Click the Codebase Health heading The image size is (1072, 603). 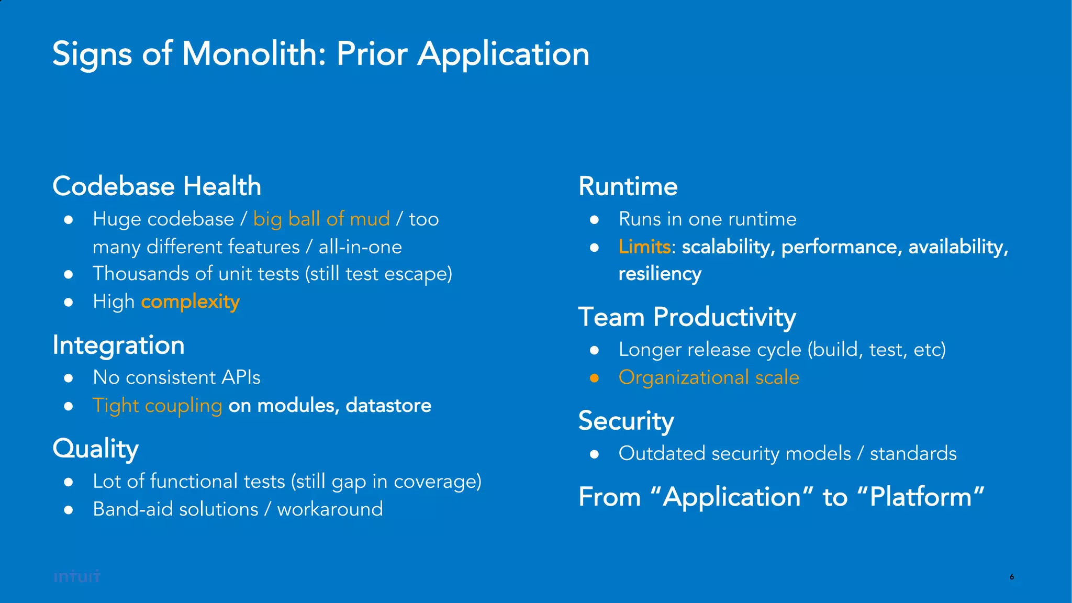pos(157,186)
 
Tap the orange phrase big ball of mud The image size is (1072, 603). pos(321,219)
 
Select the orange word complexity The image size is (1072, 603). pos(190,302)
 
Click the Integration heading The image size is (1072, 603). pos(118,345)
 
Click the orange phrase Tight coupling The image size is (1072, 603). pos(157,406)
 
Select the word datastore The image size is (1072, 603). pos(388,406)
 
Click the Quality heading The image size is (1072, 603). pos(95,449)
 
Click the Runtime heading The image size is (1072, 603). pos(628,186)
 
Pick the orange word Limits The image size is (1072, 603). pos(644,247)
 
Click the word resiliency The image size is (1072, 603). pos(660,274)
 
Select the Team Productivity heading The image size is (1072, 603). pos(687,317)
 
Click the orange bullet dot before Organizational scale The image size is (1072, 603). pos(594,378)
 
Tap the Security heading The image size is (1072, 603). pos(626,421)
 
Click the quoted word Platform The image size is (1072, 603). pos(921,497)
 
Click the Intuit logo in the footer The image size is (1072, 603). pos(77,576)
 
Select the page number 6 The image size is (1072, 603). pos(1012,577)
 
